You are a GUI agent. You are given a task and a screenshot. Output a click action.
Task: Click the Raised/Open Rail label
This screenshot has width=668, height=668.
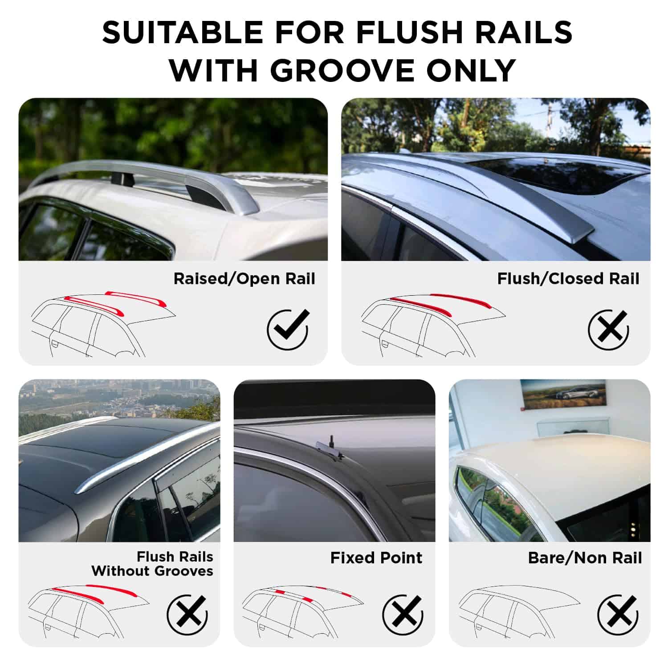click(x=244, y=279)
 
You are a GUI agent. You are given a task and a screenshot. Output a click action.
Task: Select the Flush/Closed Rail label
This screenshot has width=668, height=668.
click(x=568, y=279)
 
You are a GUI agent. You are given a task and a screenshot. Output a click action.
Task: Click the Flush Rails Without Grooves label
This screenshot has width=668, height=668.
click(x=152, y=564)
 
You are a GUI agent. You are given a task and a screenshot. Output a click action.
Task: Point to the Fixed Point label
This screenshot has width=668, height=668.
click(x=376, y=558)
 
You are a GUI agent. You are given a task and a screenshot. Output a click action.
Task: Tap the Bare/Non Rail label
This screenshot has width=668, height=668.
click(x=585, y=558)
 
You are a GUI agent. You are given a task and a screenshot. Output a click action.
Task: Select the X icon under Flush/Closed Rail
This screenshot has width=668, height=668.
click(x=609, y=330)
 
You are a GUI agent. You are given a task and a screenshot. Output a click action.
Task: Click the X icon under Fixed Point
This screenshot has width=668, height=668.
click(x=403, y=615)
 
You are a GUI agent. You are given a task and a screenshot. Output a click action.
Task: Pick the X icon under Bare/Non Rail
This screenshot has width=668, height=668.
click(x=618, y=615)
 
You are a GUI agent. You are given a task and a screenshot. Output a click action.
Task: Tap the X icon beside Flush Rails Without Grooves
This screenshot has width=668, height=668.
click(x=187, y=615)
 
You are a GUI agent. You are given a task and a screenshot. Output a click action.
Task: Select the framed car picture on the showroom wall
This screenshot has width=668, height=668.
click(x=563, y=393)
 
